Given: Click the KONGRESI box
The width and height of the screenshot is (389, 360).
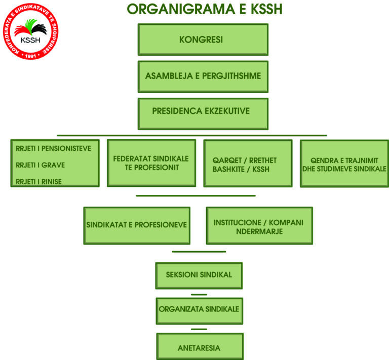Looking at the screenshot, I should point(203,39).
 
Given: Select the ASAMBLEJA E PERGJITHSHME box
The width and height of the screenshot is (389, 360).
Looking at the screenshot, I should point(203,76).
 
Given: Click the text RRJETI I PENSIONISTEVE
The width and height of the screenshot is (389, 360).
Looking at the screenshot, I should point(54,148).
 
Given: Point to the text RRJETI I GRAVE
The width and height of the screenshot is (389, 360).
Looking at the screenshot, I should point(41,165).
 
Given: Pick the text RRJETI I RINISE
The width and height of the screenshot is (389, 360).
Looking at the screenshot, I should point(39,182).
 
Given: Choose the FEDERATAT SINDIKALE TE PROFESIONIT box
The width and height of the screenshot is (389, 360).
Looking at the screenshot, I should point(151,163).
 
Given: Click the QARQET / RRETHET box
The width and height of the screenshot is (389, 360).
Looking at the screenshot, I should point(248,164).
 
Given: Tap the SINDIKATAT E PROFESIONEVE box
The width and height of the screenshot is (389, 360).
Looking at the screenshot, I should point(136,225).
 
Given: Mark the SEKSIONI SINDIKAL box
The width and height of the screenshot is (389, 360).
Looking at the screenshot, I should point(199,275).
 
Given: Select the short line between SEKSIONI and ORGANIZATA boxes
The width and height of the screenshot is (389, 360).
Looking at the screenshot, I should point(199,294).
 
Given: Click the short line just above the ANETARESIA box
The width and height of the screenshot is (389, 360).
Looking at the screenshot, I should point(199,329).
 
